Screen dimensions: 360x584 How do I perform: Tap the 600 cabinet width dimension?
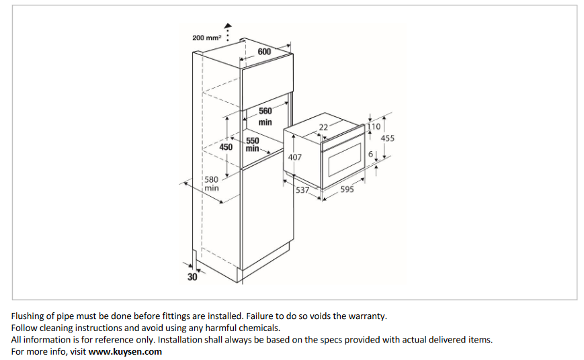pos(264,52)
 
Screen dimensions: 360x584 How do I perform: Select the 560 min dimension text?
pos(265,116)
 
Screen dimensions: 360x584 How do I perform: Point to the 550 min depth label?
pos(252,144)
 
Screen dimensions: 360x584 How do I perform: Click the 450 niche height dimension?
pos(226,146)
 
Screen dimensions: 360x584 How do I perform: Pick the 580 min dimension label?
pos(212,184)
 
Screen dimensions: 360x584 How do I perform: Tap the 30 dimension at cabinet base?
pos(192,277)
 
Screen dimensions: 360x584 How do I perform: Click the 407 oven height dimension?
pos(294,157)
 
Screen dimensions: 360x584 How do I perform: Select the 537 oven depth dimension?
pos(302,190)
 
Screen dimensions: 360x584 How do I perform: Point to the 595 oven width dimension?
pos(347,189)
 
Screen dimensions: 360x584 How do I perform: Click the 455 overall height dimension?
pos(388,138)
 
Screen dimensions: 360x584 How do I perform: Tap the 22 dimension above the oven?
pos(323,128)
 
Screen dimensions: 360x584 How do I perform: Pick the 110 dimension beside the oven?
pos(374,126)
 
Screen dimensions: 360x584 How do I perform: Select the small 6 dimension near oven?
pos(370,154)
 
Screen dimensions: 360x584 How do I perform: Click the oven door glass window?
pos(345,165)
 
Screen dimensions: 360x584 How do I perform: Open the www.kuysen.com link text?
pos(125,351)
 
